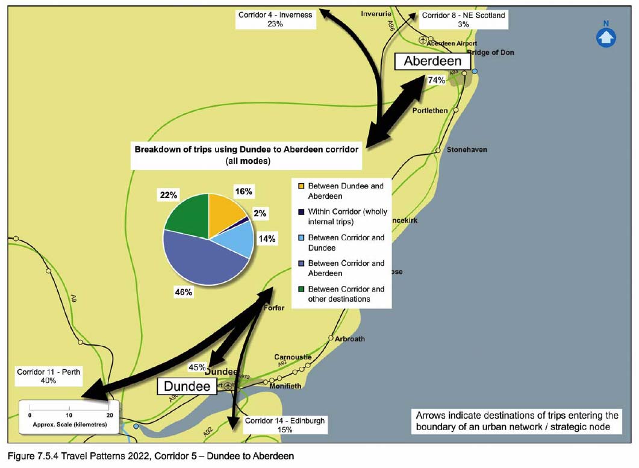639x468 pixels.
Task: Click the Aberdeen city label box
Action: [432, 61]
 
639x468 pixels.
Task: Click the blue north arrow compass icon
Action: [606, 37]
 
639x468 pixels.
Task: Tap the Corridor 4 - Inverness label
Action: [275, 19]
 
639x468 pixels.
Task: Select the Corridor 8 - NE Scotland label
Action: [463, 19]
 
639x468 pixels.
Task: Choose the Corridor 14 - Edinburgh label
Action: [285, 425]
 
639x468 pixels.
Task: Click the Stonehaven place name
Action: [467, 149]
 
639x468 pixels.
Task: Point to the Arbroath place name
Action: [350, 339]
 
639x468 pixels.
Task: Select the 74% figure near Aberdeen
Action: [436, 80]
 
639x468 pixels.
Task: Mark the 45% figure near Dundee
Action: [198, 367]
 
